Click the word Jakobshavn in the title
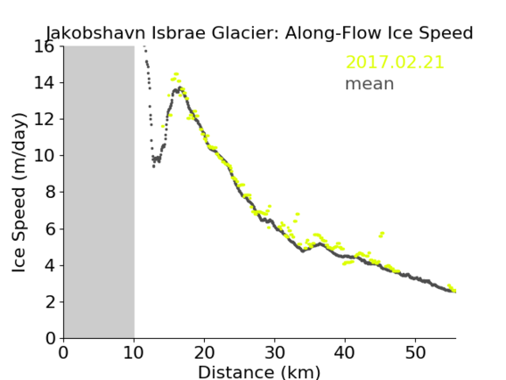96,33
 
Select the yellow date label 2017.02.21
395,62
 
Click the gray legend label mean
370,84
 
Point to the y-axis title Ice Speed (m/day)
19,193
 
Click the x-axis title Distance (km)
259,372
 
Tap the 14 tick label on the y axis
45,83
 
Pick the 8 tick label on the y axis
50,193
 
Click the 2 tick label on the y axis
50,302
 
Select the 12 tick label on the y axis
45,120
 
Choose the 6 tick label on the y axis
50,229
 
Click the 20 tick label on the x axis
204,352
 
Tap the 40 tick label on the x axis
345,352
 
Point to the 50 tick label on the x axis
415,352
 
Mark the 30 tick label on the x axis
274,352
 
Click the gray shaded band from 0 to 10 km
99,193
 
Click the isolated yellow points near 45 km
381,235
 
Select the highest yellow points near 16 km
175,74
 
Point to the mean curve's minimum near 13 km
153,167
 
